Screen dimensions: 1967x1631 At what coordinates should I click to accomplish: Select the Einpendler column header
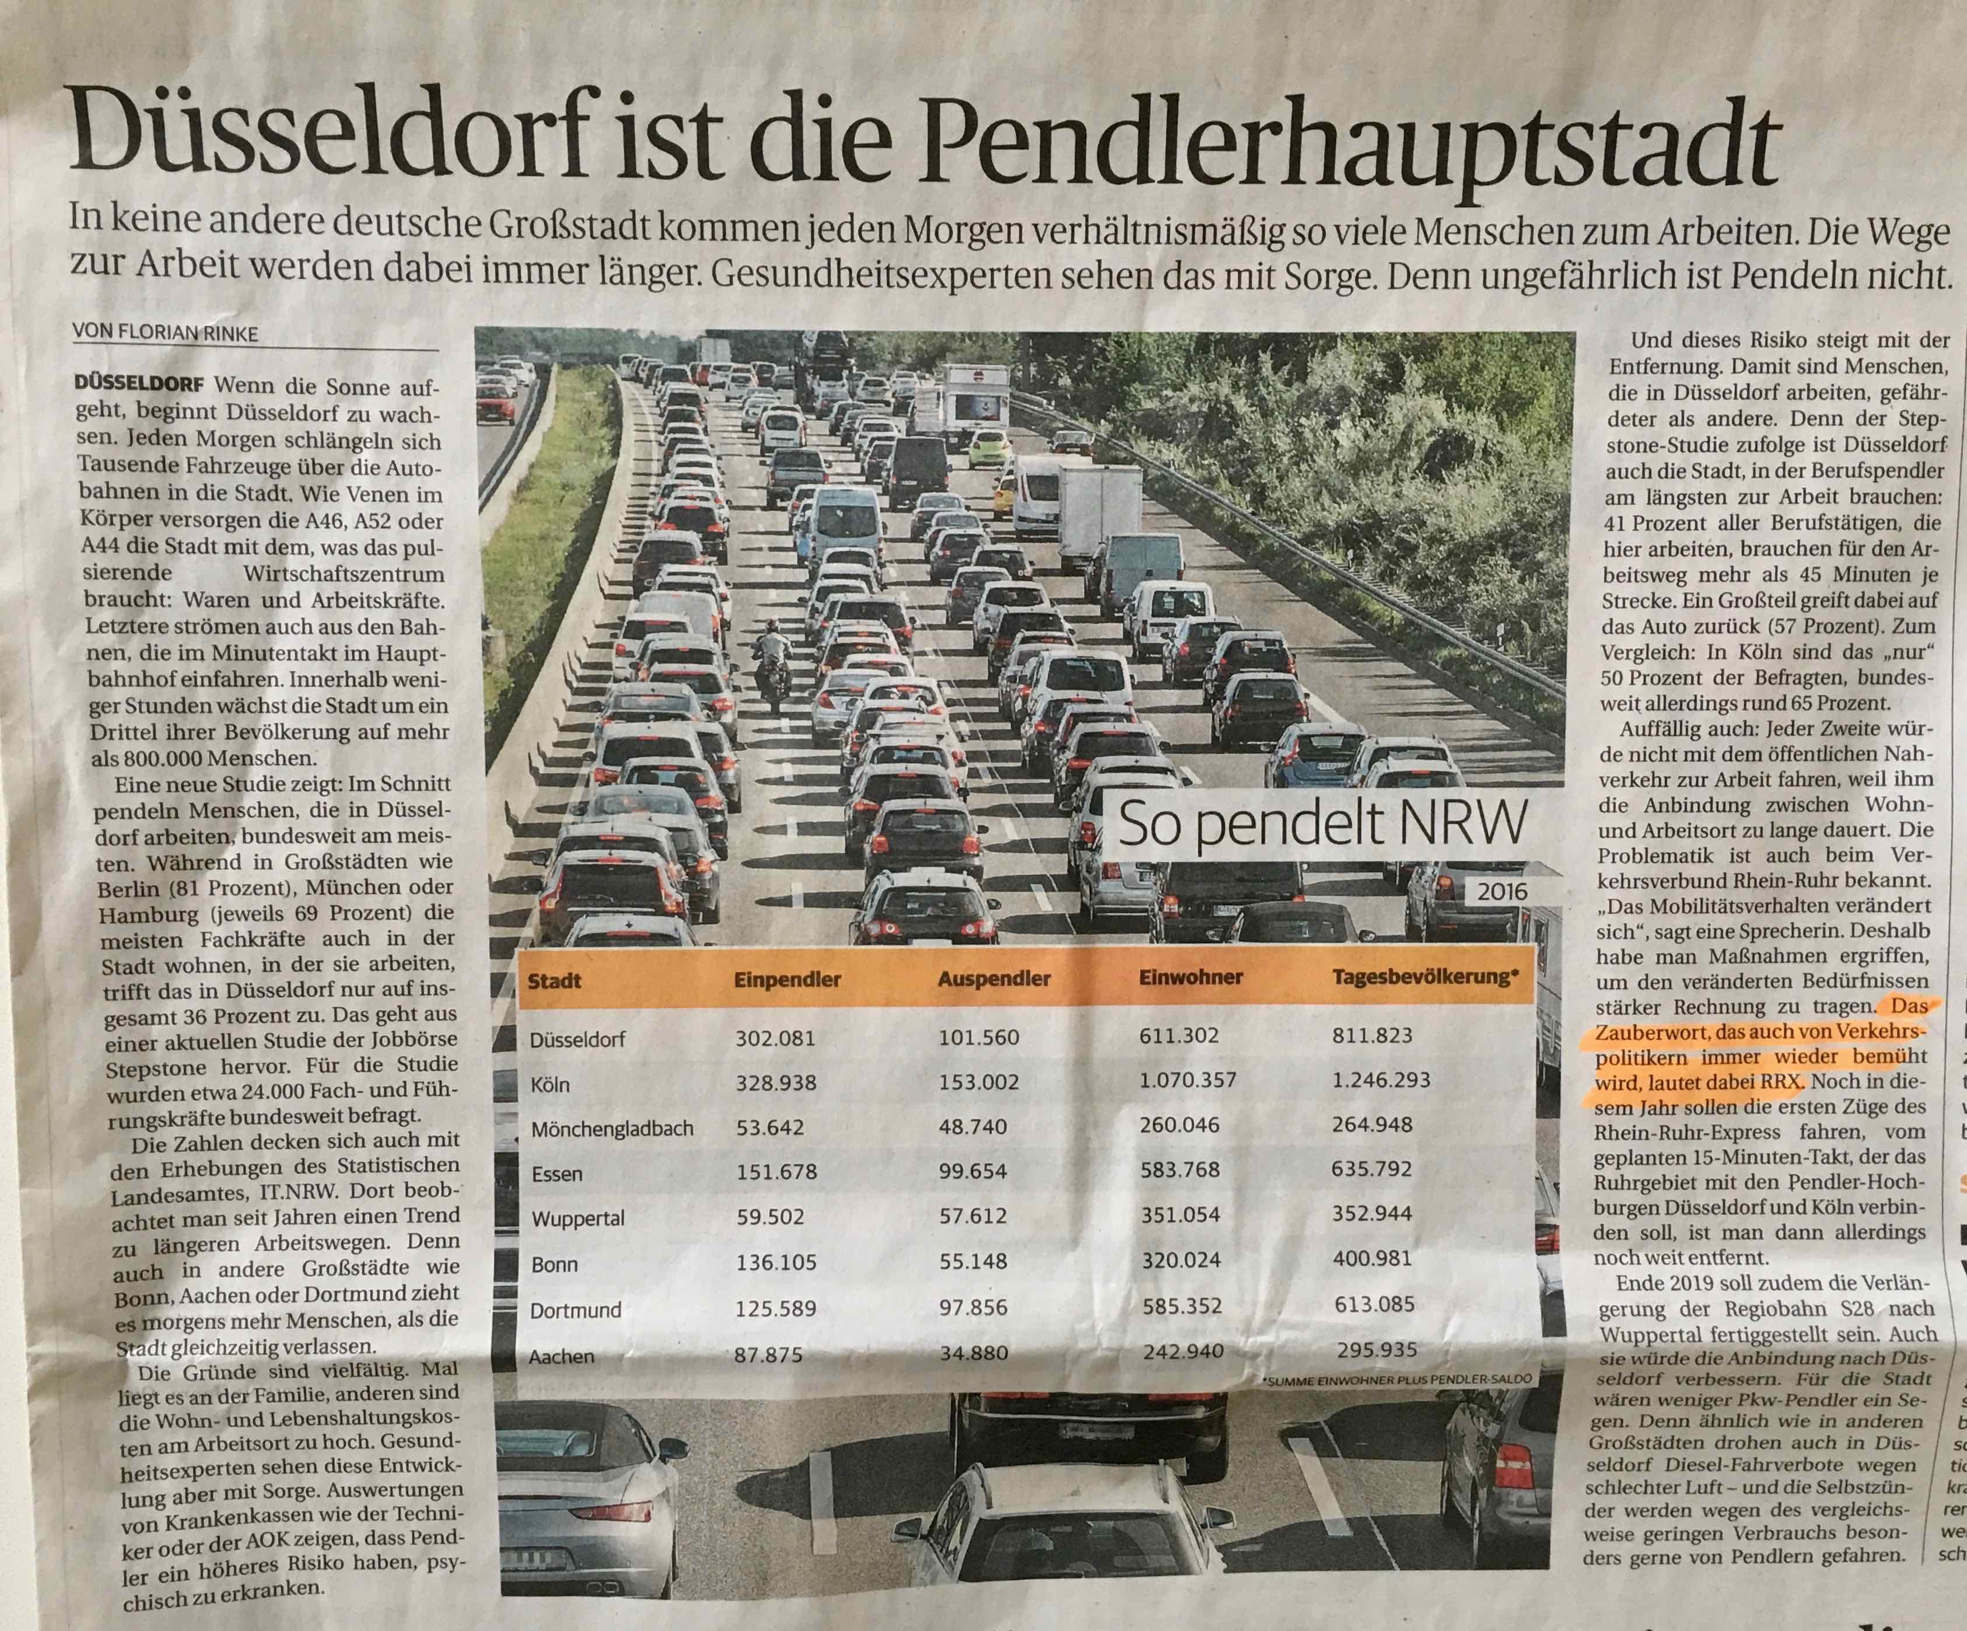pos(787,980)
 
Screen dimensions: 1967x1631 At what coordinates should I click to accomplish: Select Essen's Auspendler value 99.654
pos(972,1171)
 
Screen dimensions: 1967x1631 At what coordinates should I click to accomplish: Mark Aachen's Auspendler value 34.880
pos(974,1353)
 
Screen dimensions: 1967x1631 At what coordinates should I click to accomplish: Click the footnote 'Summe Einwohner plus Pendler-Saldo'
pos(1398,1379)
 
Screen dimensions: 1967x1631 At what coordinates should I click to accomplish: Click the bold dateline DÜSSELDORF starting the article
pos(141,385)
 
